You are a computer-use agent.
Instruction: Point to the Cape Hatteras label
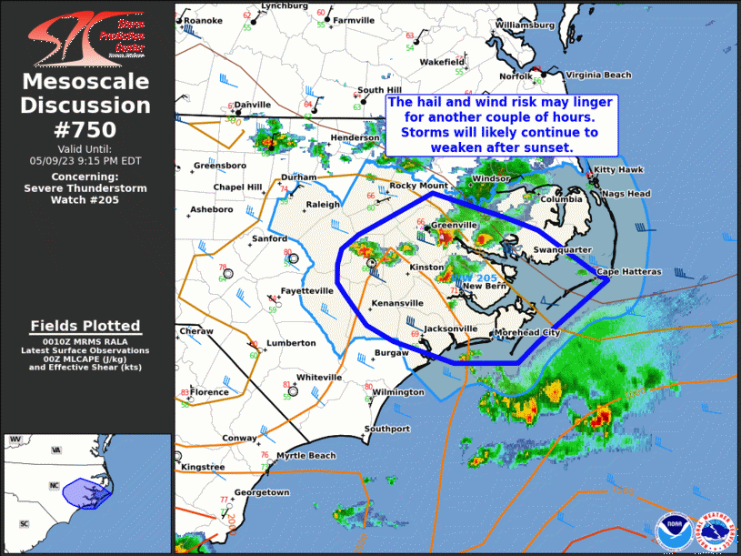click(x=628, y=272)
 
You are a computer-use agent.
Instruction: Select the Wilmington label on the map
click(x=398, y=392)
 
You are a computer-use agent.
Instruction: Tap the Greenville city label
click(x=454, y=225)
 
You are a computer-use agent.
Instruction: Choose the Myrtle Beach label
click(x=306, y=456)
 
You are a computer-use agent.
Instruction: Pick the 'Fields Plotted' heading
click(x=85, y=326)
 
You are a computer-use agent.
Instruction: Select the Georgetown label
click(x=263, y=492)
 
